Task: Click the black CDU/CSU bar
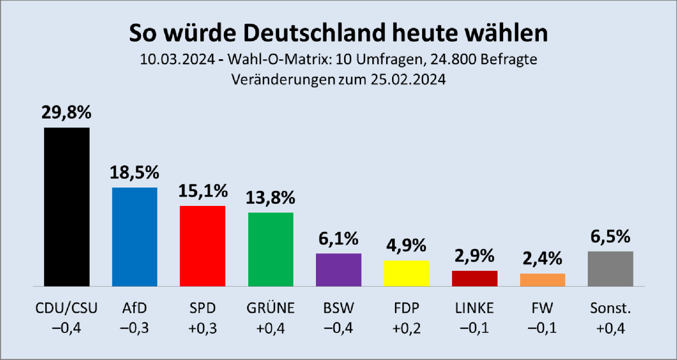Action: coord(67,207)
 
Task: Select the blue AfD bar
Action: coord(135,236)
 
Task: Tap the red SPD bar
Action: coord(203,245)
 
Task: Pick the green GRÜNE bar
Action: coord(271,249)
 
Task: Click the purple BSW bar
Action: coord(338,270)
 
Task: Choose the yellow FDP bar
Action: coord(406,273)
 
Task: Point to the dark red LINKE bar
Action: coord(474,278)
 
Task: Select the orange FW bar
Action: coord(542,280)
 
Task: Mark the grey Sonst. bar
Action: coord(610,269)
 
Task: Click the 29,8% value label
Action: coord(67,113)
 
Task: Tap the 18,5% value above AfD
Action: coord(135,173)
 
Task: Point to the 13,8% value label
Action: coord(271,197)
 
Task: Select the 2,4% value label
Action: coord(542,259)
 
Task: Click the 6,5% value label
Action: coord(610,236)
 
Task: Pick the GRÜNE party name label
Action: coord(271,308)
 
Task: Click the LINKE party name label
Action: coord(474,308)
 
